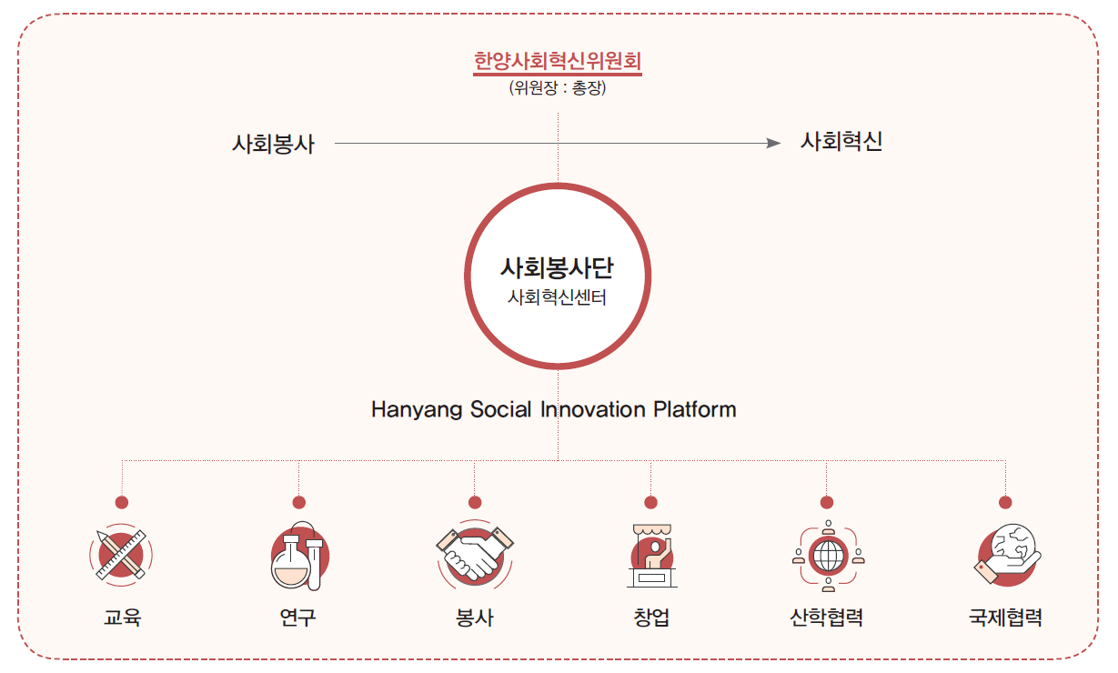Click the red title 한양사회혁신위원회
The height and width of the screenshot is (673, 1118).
point(558,61)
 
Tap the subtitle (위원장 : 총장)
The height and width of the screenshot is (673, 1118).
point(558,88)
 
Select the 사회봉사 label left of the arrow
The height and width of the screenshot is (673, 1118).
point(273,144)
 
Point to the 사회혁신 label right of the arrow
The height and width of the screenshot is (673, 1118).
point(841,141)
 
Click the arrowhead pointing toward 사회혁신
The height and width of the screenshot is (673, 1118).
point(773,143)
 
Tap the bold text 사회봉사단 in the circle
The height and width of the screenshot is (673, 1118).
point(557,267)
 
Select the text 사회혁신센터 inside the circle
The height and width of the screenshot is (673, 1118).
point(557,297)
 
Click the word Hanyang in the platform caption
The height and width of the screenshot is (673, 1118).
point(417,410)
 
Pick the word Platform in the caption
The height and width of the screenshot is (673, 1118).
point(695,409)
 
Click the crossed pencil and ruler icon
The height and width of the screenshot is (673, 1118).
point(121,555)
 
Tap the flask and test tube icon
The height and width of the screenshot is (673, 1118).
point(299,556)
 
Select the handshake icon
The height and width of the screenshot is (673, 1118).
point(475,553)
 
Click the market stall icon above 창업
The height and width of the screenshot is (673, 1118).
point(652,556)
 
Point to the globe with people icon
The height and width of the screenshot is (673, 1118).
point(829,556)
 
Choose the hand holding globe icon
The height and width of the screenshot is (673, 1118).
point(1007,555)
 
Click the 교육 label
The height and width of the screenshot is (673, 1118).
point(122,618)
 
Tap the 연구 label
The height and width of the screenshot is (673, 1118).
point(298,618)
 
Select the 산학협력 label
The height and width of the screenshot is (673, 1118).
point(827,618)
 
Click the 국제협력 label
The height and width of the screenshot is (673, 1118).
point(1006,618)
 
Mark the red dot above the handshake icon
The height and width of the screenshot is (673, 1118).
point(475,502)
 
